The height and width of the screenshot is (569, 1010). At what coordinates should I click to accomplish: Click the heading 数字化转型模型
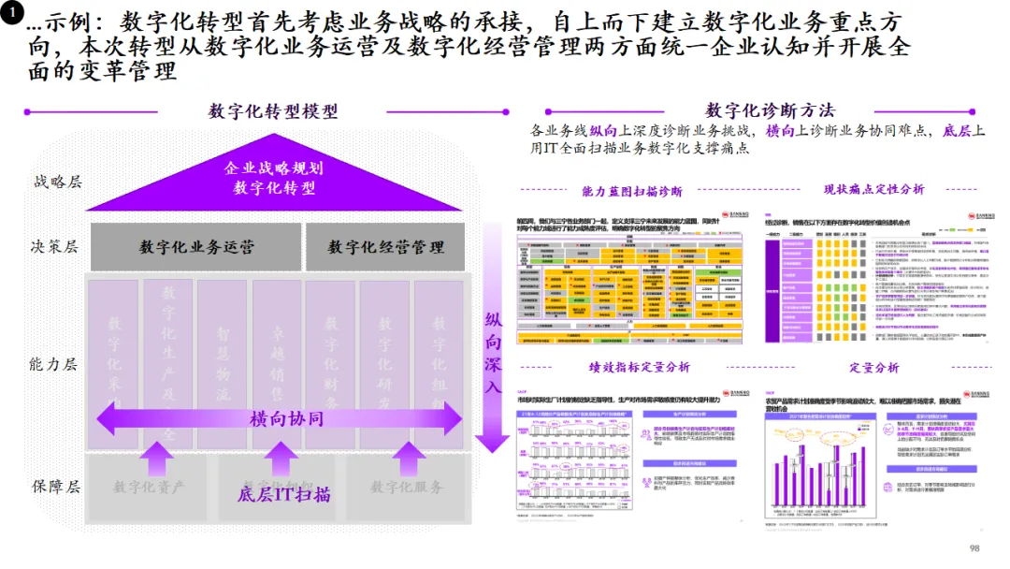[273, 111]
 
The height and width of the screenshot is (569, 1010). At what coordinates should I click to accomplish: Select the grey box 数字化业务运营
[196, 248]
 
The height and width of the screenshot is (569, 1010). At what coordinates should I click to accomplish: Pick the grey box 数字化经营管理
[386, 248]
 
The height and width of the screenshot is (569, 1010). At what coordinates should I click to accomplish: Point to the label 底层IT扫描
[284, 493]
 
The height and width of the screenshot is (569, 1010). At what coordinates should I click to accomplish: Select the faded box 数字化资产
[150, 487]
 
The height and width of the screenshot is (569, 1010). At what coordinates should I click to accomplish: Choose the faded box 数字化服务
[407, 487]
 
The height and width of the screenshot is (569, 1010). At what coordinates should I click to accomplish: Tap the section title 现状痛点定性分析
[873, 189]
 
